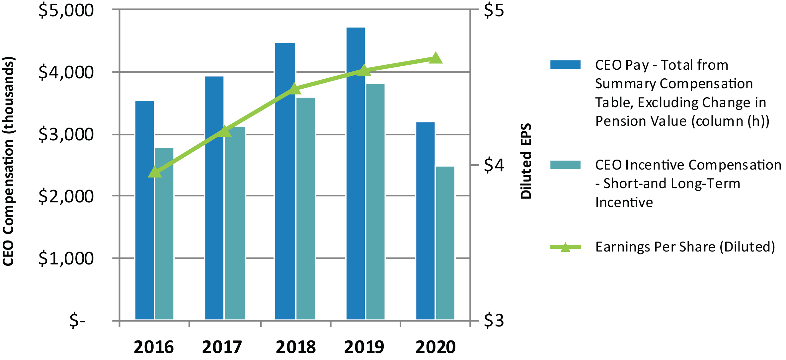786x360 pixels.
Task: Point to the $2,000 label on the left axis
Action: [x=66, y=196]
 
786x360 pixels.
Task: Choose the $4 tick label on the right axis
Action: [x=494, y=165]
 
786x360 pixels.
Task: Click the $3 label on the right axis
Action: [x=494, y=321]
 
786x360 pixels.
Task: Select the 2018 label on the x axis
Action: [x=295, y=347]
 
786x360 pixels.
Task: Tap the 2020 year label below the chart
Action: [x=435, y=347]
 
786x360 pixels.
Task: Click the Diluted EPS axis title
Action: [x=526, y=161]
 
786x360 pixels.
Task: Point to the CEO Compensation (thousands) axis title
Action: [x=8, y=161]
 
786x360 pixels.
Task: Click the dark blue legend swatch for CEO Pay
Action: [x=565, y=64]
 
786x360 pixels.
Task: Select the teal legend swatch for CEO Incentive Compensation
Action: [x=565, y=165]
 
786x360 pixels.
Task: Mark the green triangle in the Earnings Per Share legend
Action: [x=565, y=247]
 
